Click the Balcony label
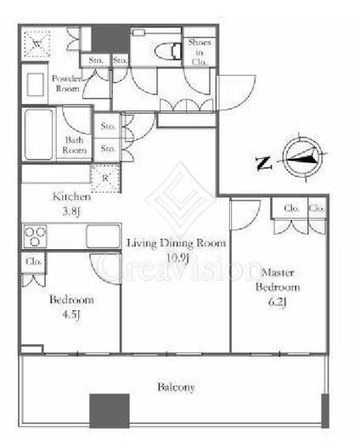tap(176, 388)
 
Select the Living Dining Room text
tap(177, 243)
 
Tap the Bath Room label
tap(75, 145)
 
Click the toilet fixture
tap(169, 49)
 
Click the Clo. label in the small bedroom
tap(34, 262)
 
